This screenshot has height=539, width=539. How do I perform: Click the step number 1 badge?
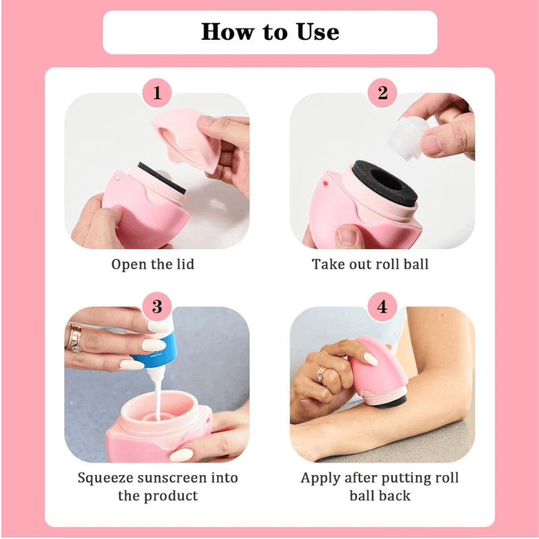pos(157,93)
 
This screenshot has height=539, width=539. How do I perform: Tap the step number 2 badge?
pos(383,93)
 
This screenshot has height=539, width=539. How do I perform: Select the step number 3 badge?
pos(157,307)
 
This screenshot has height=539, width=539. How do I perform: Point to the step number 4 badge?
pos(383,307)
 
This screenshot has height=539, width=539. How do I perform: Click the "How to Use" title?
pos(270,32)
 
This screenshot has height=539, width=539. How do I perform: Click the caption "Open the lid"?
pos(153,264)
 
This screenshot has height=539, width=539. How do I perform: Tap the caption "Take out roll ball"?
pos(370,264)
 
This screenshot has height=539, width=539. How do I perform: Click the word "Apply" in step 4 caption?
pos(321,478)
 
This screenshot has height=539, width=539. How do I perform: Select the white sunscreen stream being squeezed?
pos(156,398)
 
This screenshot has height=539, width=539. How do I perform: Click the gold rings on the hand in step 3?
pos(74,338)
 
